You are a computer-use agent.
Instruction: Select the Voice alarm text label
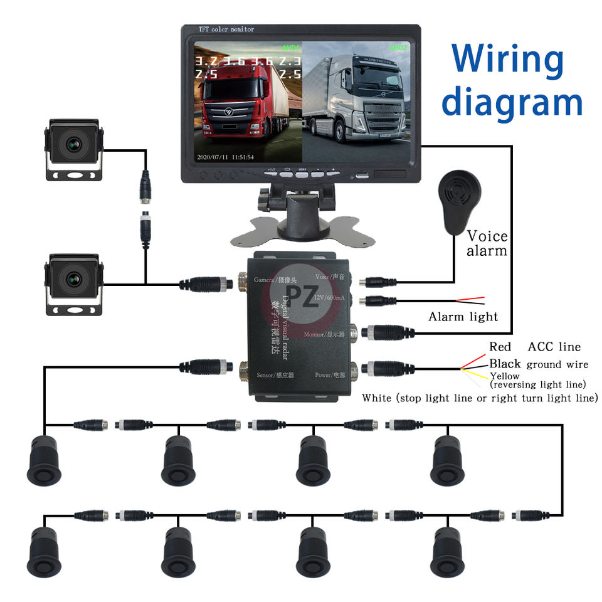tap(487, 243)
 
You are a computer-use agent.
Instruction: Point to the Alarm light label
tap(463, 317)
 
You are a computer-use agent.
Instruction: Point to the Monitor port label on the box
tap(324, 335)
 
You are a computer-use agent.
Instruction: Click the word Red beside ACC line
tap(500, 347)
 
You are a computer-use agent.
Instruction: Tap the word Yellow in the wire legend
tap(504, 376)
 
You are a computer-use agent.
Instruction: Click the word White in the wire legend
tap(376, 398)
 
